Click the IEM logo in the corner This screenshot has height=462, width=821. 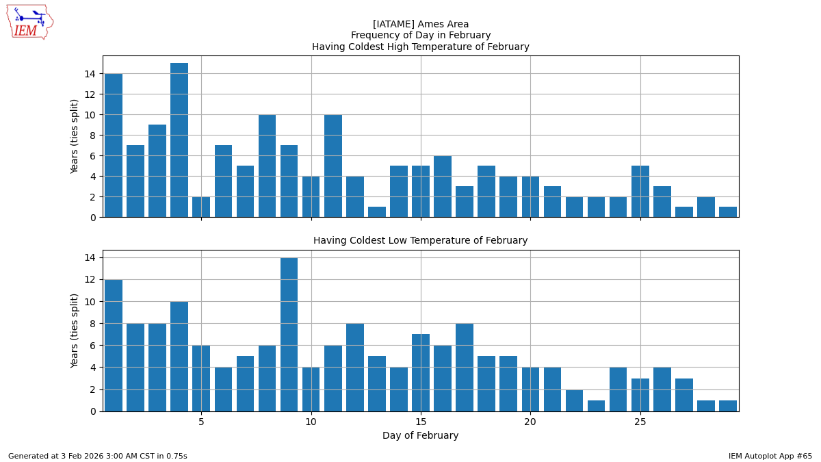(29, 22)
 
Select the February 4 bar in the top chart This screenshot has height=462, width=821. (179, 140)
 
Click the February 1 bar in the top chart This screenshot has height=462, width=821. (114, 145)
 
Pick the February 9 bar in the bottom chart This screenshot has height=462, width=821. (289, 335)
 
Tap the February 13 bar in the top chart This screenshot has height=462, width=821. (377, 212)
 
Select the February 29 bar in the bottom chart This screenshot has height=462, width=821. (728, 406)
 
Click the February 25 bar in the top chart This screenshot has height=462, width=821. (640, 192)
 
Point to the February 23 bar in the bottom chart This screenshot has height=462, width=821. (597, 406)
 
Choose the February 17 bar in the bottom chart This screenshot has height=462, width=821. (465, 368)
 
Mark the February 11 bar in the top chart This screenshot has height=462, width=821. (333, 166)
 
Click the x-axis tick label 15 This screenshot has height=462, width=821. (421, 422)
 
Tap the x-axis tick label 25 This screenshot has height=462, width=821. (640, 422)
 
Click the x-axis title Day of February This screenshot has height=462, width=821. (420, 436)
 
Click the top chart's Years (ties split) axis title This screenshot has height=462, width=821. (75, 136)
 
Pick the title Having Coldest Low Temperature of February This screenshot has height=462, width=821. (420, 241)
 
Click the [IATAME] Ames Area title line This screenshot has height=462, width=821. (420, 24)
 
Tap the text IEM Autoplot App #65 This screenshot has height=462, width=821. (770, 456)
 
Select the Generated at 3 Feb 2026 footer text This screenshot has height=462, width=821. (98, 456)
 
